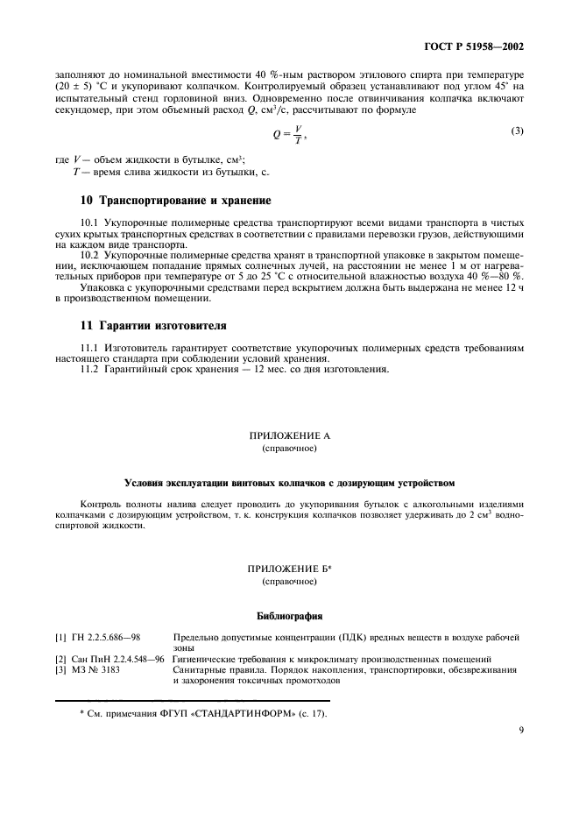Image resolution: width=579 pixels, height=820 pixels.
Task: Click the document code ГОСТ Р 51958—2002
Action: tap(477, 45)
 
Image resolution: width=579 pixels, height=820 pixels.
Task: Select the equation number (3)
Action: tap(518, 131)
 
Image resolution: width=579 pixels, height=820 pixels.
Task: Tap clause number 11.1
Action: tap(90, 348)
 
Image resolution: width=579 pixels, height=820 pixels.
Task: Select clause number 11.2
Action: tap(90, 368)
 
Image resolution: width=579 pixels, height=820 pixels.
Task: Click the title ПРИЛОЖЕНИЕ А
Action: tap(289, 435)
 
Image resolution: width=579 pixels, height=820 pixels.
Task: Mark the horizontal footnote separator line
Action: tap(193, 701)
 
